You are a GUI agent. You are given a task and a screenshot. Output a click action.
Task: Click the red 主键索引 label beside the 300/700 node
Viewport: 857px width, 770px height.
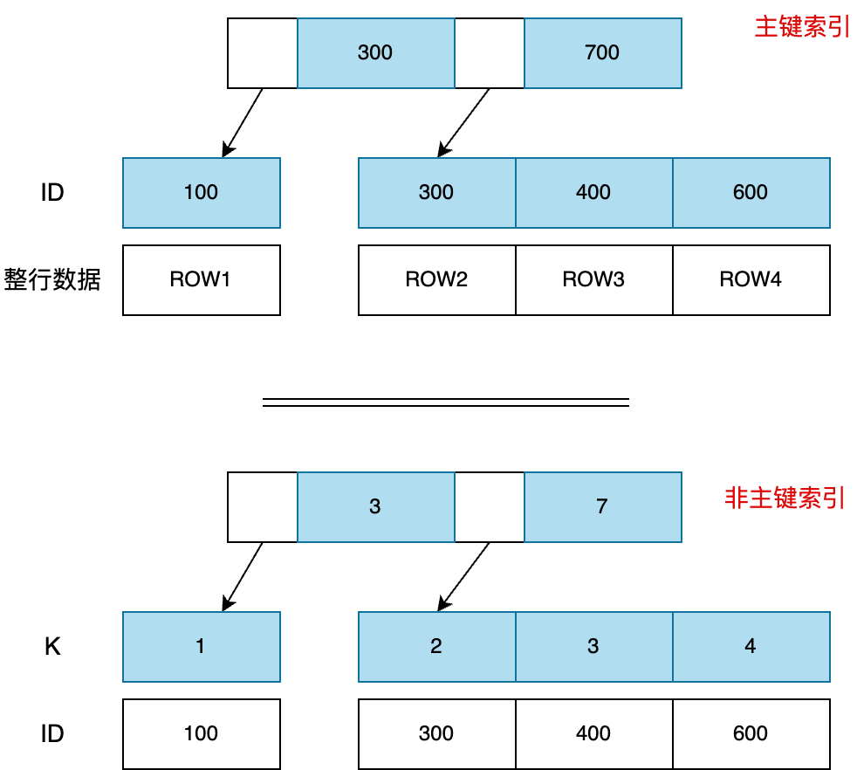tap(802, 27)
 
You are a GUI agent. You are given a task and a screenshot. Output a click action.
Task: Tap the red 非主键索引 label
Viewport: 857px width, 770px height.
tap(785, 498)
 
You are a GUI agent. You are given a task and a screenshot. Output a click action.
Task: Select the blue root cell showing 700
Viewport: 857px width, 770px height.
tap(602, 53)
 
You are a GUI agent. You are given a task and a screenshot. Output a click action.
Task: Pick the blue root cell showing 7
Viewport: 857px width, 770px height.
tap(602, 507)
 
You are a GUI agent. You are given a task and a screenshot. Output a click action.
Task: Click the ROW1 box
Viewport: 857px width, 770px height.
tap(202, 280)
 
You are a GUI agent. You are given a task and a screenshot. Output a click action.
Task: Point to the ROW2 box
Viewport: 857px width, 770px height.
tap(436, 280)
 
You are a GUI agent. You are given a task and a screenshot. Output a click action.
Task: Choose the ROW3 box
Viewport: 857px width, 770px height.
tap(593, 280)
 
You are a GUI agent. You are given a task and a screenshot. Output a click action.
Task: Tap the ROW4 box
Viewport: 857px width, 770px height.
tap(751, 280)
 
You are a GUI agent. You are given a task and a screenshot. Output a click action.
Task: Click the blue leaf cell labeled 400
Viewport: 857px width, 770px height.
tap(593, 193)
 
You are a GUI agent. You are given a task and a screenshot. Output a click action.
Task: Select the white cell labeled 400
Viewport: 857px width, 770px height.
tap(593, 734)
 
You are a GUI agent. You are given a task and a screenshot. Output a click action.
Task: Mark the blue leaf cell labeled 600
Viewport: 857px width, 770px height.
tap(751, 193)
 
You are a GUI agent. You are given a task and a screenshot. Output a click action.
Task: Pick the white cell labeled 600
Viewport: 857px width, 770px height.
tap(751, 734)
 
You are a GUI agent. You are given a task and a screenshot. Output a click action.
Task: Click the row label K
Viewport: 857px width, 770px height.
tap(52, 647)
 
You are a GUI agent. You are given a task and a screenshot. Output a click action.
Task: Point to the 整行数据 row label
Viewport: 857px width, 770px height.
tap(52, 280)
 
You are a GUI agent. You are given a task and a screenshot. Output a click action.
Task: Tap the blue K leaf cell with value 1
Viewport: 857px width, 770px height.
tap(202, 647)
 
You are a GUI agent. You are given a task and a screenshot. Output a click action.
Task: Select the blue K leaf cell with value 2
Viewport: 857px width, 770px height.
tap(436, 647)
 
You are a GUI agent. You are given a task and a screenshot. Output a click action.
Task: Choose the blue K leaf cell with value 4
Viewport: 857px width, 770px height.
tap(751, 647)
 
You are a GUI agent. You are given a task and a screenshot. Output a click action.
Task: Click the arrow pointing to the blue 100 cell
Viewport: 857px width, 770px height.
tap(243, 122)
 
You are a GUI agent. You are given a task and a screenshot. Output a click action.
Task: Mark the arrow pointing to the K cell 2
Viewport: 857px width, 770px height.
tap(463, 575)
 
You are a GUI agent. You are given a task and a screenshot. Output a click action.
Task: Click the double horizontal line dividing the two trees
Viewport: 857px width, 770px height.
tap(445, 403)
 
